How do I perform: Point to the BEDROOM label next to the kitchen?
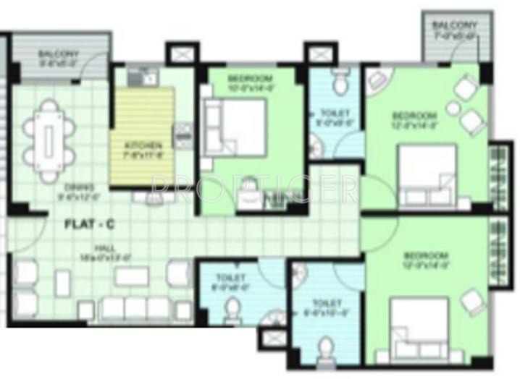click(x=249, y=77)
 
